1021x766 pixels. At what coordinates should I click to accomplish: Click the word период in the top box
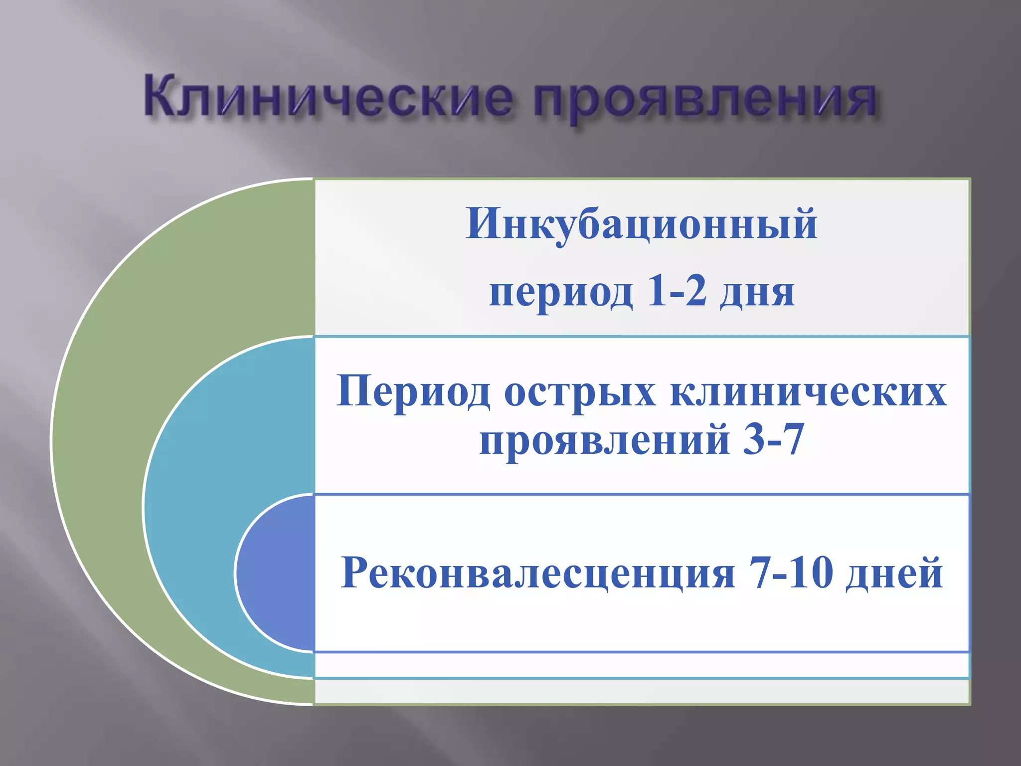[x=561, y=293]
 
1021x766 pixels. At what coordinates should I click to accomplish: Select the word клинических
[x=808, y=392]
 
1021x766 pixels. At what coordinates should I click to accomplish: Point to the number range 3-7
[x=773, y=439]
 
